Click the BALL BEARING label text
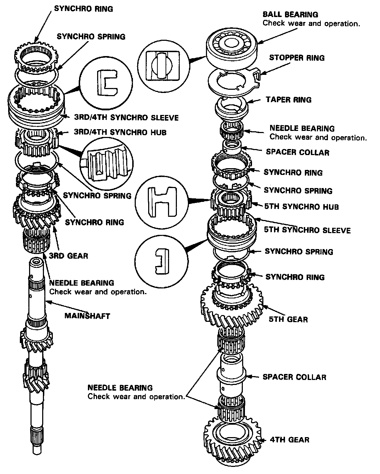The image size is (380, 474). coord(290,15)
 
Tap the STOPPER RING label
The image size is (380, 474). coord(297,58)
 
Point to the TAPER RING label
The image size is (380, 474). coord(289,100)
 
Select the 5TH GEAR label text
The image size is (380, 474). coord(288,319)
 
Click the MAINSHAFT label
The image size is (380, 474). coord(87,315)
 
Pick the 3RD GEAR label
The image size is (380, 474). coord(68,256)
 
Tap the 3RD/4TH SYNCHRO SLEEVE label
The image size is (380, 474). coord(126,117)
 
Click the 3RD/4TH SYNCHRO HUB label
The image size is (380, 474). coord(120,132)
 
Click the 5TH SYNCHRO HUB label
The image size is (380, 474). coord(301,206)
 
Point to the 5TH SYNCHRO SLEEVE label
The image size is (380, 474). coord(307,230)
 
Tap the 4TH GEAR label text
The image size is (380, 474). coord(289,440)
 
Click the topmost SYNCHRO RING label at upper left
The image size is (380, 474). coord(83,9)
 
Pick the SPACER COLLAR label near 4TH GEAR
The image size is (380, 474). coord(294,377)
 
